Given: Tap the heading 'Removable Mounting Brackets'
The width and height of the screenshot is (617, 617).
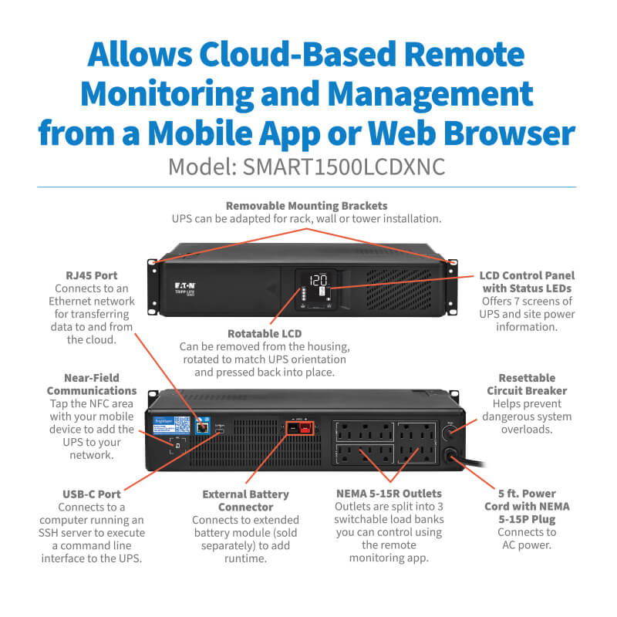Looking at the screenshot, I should point(306,205).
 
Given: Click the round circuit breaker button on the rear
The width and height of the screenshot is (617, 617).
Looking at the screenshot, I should point(450,430).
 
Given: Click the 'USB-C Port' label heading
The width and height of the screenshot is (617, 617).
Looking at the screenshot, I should point(91,494).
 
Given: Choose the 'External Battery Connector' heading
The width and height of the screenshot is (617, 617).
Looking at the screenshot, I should point(245,501).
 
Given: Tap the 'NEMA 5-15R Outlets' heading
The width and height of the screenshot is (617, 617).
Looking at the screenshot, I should point(388,494).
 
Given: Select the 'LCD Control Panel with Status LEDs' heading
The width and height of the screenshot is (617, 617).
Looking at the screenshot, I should point(526,282).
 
